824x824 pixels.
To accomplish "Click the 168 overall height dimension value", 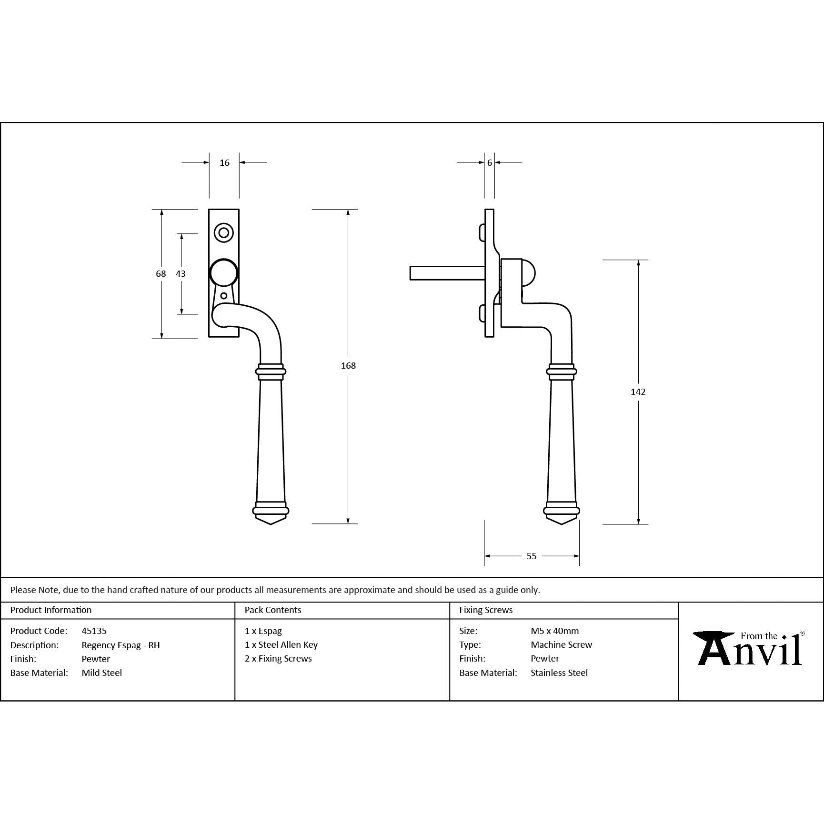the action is [348, 365].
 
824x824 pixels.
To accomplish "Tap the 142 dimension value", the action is [638, 392].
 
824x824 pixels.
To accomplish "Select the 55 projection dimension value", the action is [532, 556].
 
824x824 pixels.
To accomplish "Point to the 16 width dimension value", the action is [224, 163].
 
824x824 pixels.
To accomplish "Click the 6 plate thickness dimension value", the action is [489, 163].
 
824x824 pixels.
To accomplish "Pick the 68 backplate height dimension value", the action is [161, 273].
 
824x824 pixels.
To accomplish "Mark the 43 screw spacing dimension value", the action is [181, 273].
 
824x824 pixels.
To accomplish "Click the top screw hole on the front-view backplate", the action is [223, 233].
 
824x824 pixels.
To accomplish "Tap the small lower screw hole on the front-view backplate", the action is [224, 296].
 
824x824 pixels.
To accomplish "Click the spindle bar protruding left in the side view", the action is [447, 273].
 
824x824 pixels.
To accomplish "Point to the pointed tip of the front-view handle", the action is [271, 524].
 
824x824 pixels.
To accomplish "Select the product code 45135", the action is [94, 631].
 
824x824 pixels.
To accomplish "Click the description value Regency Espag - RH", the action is [121, 645].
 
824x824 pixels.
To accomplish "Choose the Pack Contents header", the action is [273, 610].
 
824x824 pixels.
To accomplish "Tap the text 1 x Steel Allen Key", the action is [281, 644].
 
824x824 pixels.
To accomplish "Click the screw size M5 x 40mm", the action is [555, 631].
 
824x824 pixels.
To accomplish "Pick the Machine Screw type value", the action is [562, 644].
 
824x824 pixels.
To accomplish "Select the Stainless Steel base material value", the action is [559, 673].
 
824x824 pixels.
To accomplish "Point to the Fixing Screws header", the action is [486, 610].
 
